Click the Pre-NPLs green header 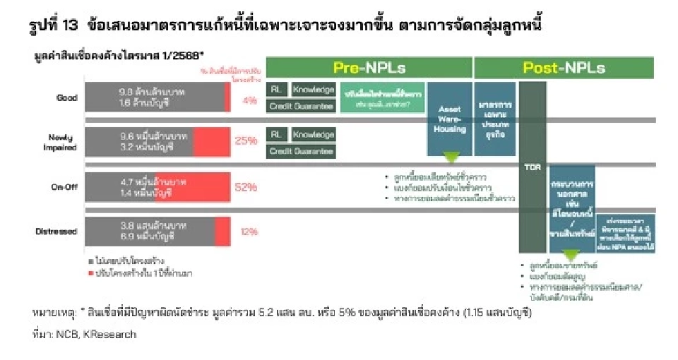(369, 68)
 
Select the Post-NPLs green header (564, 68)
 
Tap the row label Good (67, 98)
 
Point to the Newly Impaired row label (61, 141)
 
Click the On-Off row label (64, 187)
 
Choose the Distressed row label (57, 231)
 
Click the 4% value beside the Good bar (249, 100)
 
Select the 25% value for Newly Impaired (246, 141)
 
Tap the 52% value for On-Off (246, 187)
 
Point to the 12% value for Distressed (249, 231)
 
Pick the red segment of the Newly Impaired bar (211, 141)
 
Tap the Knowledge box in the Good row (314, 90)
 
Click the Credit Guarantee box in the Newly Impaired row (301, 151)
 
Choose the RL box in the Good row (275, 90)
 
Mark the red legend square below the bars (90, 272)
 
